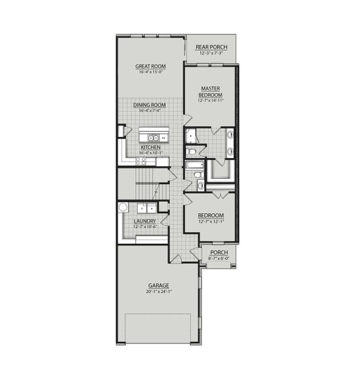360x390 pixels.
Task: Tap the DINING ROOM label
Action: click(150, 105)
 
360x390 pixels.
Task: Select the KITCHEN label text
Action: click(151, 147)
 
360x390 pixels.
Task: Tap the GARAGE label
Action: click(158, 285)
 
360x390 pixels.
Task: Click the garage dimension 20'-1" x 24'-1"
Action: click(158, 292)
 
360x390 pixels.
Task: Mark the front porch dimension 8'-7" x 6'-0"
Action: click(218, 258)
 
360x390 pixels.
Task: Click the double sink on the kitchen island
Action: click(153, 138)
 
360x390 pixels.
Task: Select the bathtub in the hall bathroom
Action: click(195, 165)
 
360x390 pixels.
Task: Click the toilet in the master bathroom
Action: click(192, 152)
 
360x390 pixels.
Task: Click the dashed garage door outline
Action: click(158, 328)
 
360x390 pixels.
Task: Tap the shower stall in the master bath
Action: click(220, 170)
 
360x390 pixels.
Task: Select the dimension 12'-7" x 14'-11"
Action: click(212, 101)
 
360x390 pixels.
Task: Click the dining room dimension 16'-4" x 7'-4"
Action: click(150, 111)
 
